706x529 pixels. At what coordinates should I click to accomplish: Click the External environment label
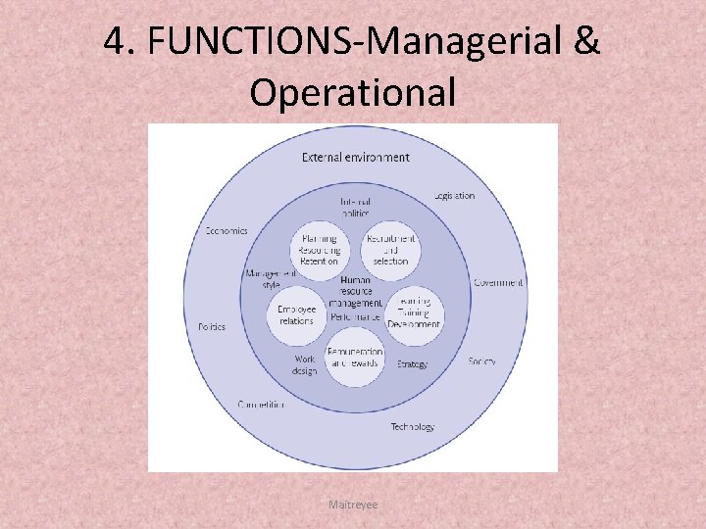[x=355, y=157]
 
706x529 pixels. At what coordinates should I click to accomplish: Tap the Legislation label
[x=454, y=196]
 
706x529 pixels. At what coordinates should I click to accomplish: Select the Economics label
[x=227, y=231]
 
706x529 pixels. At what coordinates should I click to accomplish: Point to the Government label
[x=498, y=282]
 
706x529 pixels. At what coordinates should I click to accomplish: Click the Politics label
[x=212, y=326]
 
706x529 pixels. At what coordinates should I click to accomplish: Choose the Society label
[x=481, y=361]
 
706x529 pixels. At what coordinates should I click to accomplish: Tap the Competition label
[x=262, y=404]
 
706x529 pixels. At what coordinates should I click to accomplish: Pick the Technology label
[x=413, y=426]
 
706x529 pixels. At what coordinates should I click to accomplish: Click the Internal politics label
[x=355, y=207]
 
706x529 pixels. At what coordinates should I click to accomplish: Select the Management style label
[x=270, y=279]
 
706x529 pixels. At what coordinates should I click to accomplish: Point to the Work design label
[x=305, y=365]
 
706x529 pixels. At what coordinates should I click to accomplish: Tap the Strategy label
[x=412, y=364]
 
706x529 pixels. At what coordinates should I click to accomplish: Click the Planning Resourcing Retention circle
[x=320, y=250]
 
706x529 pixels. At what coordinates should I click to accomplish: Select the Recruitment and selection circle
[x=390, y=250]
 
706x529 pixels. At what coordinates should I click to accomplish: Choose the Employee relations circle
[x=296, y=314]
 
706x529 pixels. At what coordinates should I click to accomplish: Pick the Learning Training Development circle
[x=415, y=313]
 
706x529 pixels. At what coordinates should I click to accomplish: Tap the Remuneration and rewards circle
[x=354, y=357]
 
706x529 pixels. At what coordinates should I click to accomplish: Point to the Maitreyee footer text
[x=353, y=504]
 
